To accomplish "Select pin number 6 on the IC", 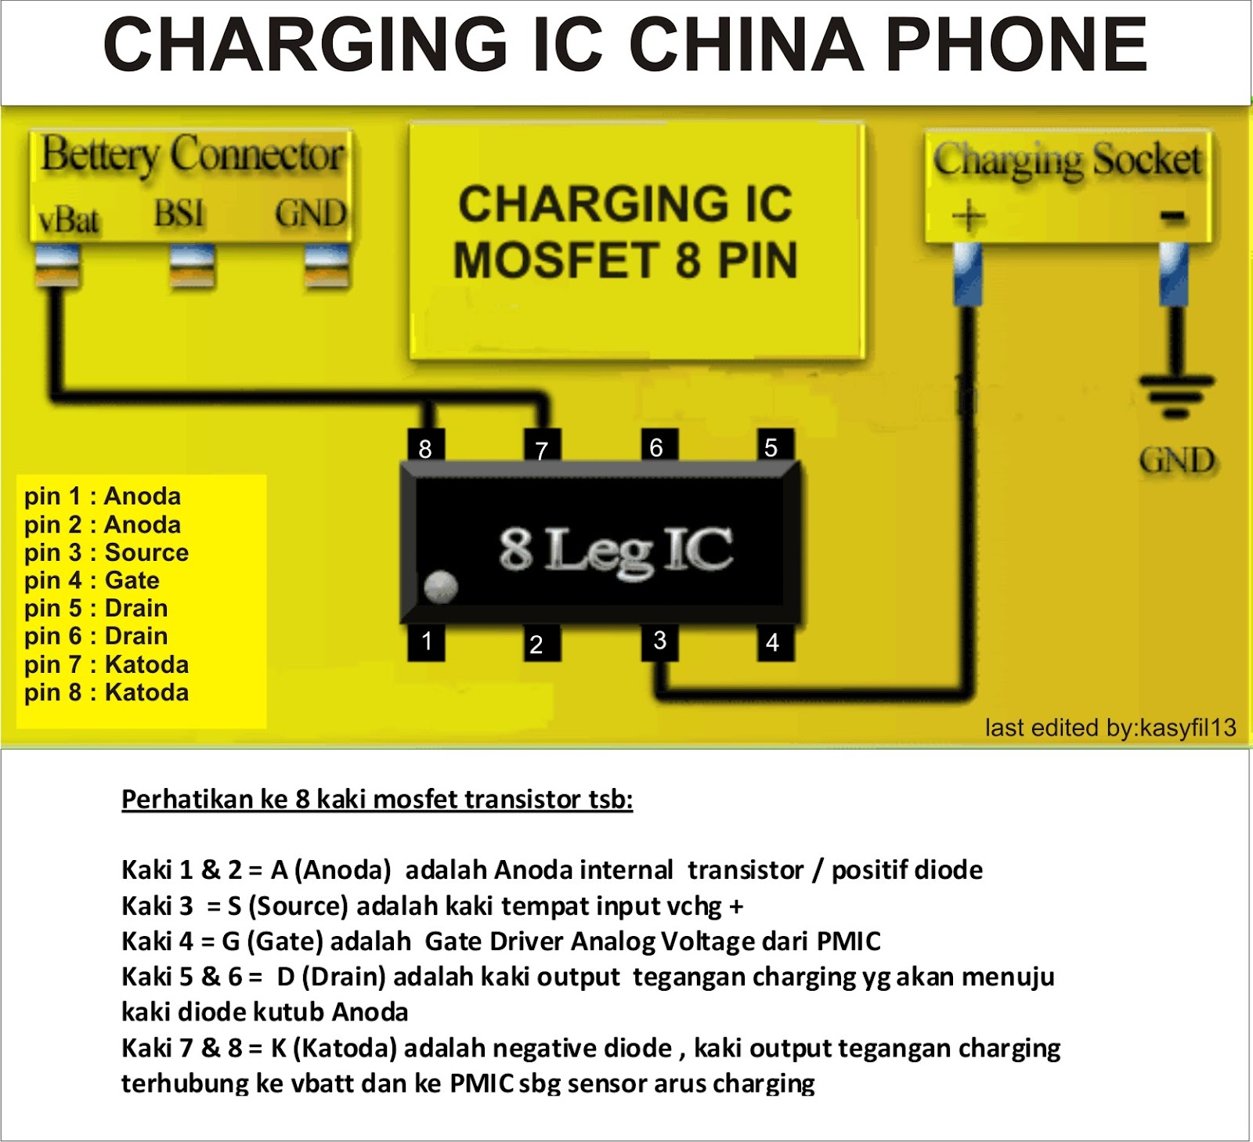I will [657, 447].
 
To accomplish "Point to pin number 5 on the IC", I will [772, 447].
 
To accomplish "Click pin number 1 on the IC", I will [427, 641].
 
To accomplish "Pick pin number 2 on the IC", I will [536, 644].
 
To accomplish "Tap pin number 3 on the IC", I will [660, 641].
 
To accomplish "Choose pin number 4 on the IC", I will [773, 642].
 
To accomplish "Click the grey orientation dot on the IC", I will [440, 587].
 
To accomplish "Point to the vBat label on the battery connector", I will [69, 219].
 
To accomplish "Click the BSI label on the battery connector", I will [179, 214].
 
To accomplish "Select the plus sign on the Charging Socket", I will [969, 215].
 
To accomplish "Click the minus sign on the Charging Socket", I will [1172, 215].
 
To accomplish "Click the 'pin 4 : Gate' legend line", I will [92, 580].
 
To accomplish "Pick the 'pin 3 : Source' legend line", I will [106, 552].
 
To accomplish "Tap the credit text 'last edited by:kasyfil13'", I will [1110, 728].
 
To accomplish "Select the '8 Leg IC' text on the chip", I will [616, 550].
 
